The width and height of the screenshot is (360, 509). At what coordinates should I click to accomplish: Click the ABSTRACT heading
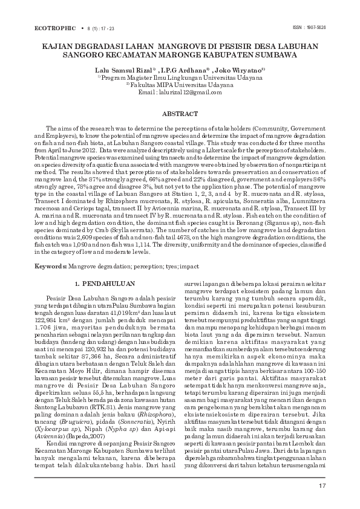click(180, 114)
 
